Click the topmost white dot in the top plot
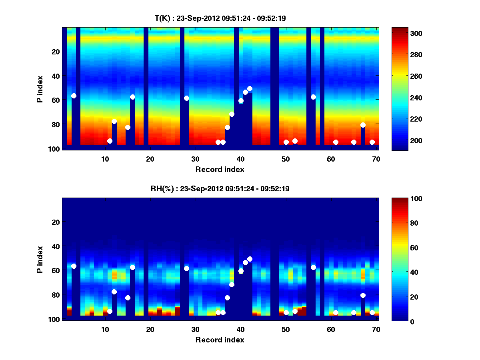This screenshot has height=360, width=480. pyautogui.click(x=250, y=88)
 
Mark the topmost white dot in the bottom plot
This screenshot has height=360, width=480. pyautogui.click(x=250, y=259)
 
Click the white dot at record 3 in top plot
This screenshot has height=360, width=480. pyautogui.click(x=74, y=96)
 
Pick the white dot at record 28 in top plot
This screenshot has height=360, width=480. pyautogui.click(x=186, y=98)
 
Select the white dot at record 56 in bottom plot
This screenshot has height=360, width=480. pyautogui.click(x=313, y=267)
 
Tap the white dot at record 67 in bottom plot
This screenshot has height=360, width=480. pyautogui.click(x=363, y=295)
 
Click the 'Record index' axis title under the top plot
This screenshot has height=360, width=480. pyautogui.click(x=220, y=169)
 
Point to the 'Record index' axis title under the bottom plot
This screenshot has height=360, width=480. pyautogui.click(x=220, y=340)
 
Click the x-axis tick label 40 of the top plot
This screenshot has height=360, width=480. pyautogui.click(x=240, y=159)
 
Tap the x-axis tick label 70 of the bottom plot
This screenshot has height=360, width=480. pyautogui.click(x=376, y=329)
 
